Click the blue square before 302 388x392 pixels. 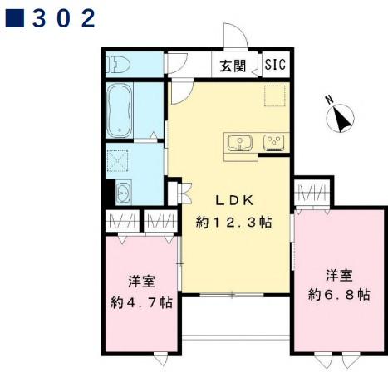[13, 18]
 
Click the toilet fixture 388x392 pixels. [118, 64]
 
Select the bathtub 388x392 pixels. [120, 110]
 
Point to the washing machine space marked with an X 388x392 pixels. [119, 159]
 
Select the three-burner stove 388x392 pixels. [273, 143]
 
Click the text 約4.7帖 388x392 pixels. [142, 302]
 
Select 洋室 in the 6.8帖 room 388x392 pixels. [338, 273]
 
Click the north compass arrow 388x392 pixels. [342, 121]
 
